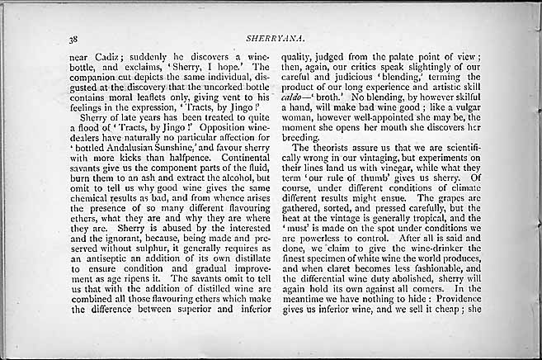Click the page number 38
[73, 38]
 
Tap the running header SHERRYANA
[269, 37]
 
